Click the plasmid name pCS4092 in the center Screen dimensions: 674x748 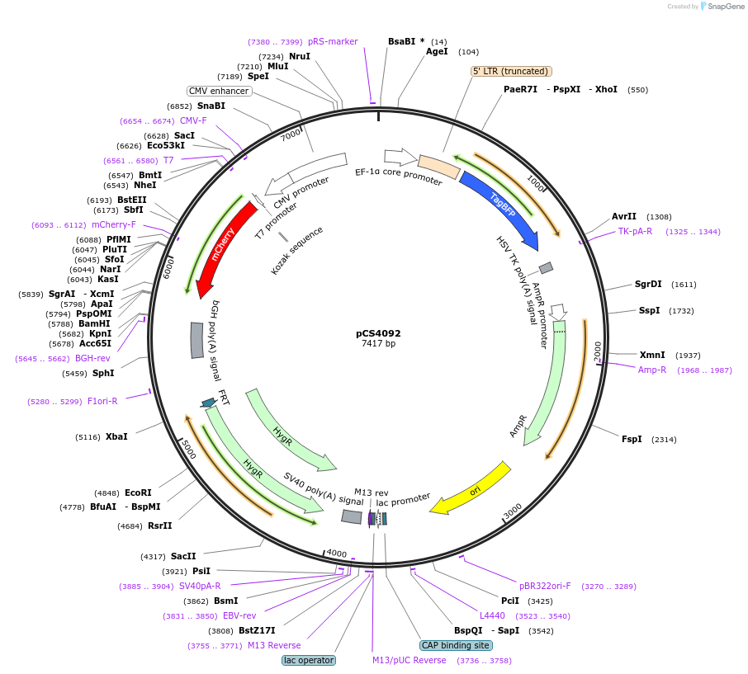[378, 334]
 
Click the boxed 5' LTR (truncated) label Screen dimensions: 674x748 [511, 72]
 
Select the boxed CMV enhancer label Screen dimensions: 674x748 [219, 91]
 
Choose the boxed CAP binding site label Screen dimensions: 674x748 [456, 645]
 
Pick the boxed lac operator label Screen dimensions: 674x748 [309, 660]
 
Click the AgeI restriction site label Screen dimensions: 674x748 [437, 51]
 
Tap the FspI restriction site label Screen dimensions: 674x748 [632, 440]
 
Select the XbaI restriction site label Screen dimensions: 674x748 [116, 436]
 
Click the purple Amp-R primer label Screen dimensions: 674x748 [652, 370]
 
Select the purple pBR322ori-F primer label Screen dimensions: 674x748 [545, 586]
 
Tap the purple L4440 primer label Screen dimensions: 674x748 [492, 615]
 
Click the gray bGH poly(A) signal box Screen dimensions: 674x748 [196, 340]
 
